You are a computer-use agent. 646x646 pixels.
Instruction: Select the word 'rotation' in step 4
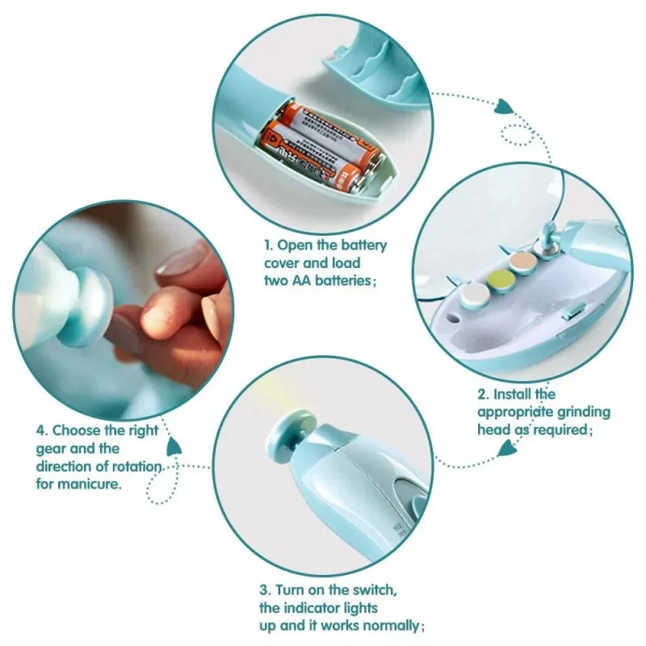point(135,467)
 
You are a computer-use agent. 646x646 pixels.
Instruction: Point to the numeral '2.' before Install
point(483,394)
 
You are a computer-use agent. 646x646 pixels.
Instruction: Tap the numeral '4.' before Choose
point(41,431)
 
